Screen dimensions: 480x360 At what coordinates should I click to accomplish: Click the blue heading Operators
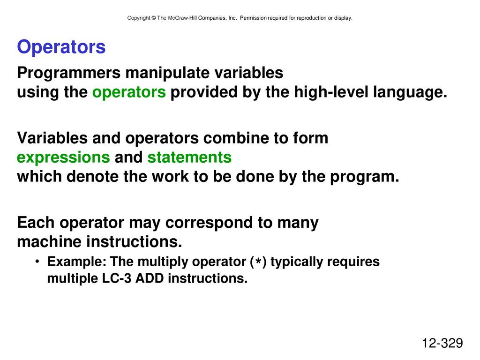pyautogui.click(x=61, y=47)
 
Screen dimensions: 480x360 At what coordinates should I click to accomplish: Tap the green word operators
pyautogui.click(x=129, y=92)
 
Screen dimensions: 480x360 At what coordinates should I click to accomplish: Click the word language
pyautogui.click(x=410, y=92)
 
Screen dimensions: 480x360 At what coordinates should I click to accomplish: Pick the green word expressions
pyautogui.click(x=63, y=158)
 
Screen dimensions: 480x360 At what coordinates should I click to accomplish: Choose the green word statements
pyautogui.click(x=189, y=157)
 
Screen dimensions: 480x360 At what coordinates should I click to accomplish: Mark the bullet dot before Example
pyautogui.click(x=37, y=262)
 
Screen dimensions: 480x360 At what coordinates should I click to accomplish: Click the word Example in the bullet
pyautogui.click(x=76, y=262)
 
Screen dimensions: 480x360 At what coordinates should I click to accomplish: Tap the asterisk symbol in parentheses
pyautogui.click(x=259, y=262)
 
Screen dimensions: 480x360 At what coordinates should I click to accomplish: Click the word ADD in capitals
pyautogui.click(x=150, y=278)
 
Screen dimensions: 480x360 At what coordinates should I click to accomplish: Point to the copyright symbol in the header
pyautogui.click(x=153, y=18)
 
